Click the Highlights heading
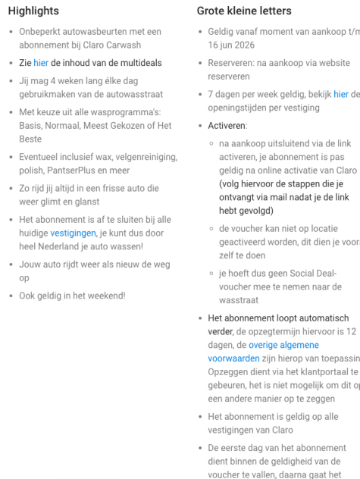(x=33, y=11)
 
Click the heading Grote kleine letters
(x=243, y=11)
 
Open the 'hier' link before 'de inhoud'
(x=40, y=63)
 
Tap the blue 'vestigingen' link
(x=73, y=233)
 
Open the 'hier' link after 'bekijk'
(x=341, y=94)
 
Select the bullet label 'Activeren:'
(x=227, y=125)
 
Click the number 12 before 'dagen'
(x=350, y=331)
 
